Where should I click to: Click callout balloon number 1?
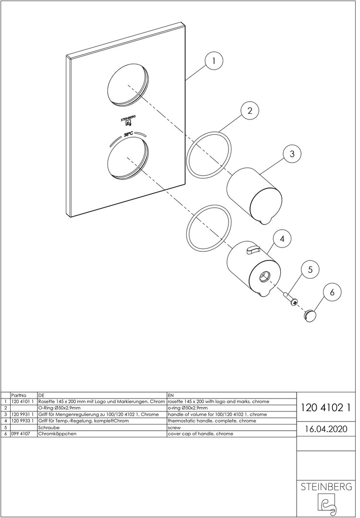tap(214, 61)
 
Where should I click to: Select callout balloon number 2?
tap(250, 111)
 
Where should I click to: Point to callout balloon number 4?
tap(282, 239)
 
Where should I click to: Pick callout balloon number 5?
tap(310, 270)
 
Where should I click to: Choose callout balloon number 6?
tap(332, 292)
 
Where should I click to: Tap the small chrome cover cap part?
tap(310, 315)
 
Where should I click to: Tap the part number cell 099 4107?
tap(21, 434)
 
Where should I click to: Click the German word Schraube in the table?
tap(49, 427)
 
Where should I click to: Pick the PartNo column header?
tap(19, 395)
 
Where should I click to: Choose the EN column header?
tap(171, 395)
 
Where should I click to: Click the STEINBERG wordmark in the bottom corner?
tap(326, 486)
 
